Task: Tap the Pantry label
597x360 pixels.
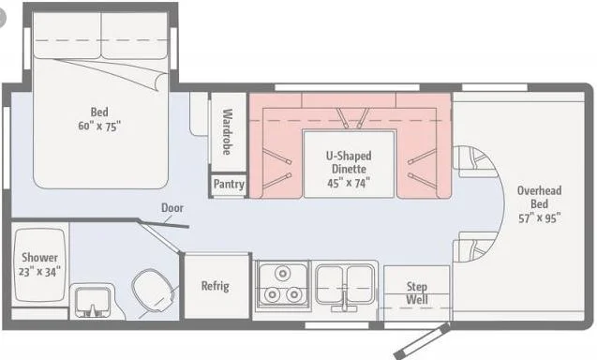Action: tap(229, 185)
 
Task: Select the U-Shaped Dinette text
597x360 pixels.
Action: tap(347, 162)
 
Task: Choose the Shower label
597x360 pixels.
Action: tap(40, 258)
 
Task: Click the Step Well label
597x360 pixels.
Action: tap(417, 292)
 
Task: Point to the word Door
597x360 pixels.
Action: tap(172, 208)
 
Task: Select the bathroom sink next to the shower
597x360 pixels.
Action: tap(93, 302)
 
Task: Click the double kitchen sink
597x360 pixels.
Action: tap(346, 284)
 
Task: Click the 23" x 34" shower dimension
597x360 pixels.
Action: tap(40, 272)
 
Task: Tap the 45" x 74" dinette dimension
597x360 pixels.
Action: tap(347, 183)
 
